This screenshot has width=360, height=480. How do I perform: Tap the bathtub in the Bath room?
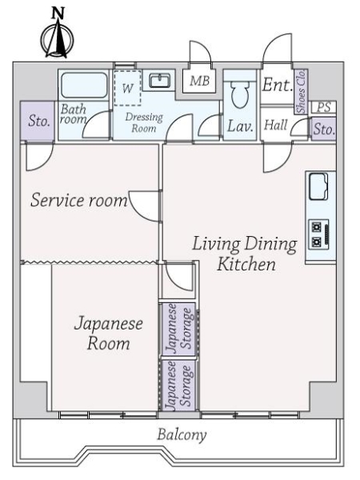tap(84, 85)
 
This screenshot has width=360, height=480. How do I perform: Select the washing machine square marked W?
tap(127, 88)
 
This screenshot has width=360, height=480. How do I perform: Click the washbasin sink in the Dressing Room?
tap(160, 81)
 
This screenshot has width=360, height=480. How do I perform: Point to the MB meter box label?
tap(199, 81)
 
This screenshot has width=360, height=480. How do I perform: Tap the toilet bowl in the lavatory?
tap(240, 94)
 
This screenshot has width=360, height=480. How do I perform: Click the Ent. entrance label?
tap(277, 85)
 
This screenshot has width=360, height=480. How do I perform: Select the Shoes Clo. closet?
tap(301, 91)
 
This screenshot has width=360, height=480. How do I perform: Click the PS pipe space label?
tap(323, 107)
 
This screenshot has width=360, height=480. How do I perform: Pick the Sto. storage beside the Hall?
tap(323, 129)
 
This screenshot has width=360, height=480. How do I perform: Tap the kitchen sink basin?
tap(318, 186)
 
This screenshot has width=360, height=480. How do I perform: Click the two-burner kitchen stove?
tap(318, 234)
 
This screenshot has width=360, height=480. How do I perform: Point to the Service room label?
tap(79, 200)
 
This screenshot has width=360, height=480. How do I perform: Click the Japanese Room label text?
tap(108, 334)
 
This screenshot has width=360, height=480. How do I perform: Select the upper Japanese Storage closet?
tap(178, 330)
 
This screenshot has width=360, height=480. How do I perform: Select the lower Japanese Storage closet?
tap(178, 385)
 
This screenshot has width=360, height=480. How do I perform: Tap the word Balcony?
tap(182, 435)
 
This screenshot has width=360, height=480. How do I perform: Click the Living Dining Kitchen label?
tap(245, 254)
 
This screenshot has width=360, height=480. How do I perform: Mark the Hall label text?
tap(276, 125)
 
